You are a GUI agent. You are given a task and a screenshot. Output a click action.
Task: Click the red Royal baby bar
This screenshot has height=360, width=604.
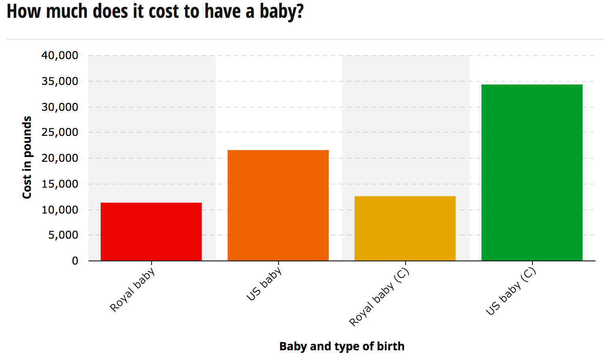[151, 231]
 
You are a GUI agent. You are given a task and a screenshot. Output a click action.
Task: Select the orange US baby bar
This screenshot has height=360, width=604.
[278, 205]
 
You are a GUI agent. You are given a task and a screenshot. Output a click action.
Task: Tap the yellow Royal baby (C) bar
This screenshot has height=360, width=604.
[405, 228]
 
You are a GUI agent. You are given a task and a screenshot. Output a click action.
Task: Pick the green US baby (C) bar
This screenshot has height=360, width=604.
[532, 172]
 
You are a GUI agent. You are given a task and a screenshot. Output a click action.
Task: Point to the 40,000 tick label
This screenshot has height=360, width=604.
[60, 55]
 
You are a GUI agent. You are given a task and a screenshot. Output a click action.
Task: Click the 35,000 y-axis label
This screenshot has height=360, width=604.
[60, 81]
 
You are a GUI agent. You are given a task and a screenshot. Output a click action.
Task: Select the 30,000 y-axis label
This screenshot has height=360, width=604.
[60, 107]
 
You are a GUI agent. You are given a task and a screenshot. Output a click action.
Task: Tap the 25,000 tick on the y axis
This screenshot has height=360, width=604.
[60, 132]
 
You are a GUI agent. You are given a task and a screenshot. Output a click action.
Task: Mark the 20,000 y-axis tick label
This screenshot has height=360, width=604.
[60, 158]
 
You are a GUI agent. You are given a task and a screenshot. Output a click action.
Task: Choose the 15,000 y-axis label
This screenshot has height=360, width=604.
[60, 184]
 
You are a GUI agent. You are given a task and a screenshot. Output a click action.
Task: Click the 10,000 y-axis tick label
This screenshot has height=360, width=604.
[60, 210]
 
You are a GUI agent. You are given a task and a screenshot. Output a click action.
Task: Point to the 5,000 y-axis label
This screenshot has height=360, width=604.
[63, 235]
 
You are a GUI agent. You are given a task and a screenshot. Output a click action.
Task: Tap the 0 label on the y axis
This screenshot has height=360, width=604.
[75, 261]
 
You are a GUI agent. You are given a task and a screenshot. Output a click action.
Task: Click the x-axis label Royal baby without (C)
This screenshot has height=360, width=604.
[133, 290]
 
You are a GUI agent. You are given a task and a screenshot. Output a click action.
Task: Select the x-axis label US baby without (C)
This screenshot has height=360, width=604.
[264, 284]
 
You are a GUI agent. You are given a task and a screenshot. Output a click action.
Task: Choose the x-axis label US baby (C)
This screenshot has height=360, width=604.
[511, 291]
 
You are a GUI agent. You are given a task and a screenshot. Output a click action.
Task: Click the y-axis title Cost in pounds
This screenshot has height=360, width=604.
[27, 157]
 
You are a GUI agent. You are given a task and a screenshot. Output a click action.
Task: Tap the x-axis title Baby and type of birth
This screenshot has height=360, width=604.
[342, 346]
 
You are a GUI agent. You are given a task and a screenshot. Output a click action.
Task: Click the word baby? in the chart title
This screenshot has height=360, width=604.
[281, 11]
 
